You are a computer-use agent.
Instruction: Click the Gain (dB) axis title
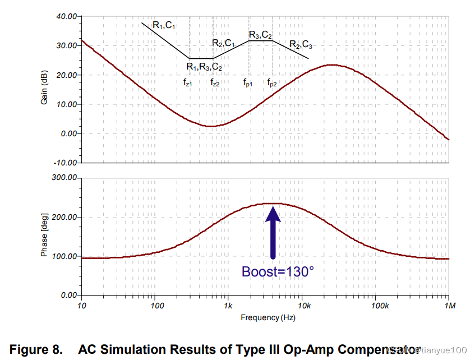(x=44, y=90)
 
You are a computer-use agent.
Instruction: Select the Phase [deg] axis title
(x=44, y=236)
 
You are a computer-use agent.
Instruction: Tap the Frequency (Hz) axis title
(x=268, y=318)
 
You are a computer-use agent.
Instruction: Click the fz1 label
(x=188, y=82)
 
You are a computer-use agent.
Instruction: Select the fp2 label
(x=272, y=82)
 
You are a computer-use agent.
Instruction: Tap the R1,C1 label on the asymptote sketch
(x=164, y=24)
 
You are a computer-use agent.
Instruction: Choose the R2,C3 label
(x=301, y=44)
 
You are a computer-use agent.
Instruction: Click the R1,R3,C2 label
(x=204, y=67)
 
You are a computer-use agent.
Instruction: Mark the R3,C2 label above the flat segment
(x=260, y=35)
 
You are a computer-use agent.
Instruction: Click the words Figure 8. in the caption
(x=36, y=350)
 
